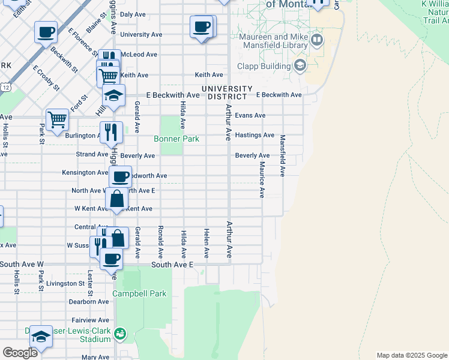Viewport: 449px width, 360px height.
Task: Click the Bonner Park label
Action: [x=176, y=139]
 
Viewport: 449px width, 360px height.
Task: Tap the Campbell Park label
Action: [x=139, y=294]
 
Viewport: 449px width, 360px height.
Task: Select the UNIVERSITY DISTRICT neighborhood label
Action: [x=224, y=92]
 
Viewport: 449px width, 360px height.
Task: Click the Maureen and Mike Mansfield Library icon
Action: [x=316, y=41]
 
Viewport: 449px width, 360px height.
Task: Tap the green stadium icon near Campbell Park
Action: [x=120, y=332]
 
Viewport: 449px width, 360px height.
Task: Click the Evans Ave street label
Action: [x=250, y=115]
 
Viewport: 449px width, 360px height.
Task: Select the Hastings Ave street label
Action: [x=255, y=135]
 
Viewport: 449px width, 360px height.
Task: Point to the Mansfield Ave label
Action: [x=282, y=155]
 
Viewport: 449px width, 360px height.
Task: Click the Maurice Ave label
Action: [x=262, y=179]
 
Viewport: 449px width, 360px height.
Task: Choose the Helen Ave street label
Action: [x=206, y=244]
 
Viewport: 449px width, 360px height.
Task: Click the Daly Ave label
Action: [x=133, y=14]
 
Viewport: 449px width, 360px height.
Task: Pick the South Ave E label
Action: [x=172, y=264]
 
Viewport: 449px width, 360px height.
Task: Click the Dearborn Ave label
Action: [x=88, y=302]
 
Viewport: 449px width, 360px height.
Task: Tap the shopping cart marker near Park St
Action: [x=57, y=119]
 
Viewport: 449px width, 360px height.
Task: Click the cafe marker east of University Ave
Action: [x=202, y=27]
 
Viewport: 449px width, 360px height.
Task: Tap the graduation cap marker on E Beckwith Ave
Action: [x=113, y=95]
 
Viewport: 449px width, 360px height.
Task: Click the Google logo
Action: [x=20, y=353]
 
